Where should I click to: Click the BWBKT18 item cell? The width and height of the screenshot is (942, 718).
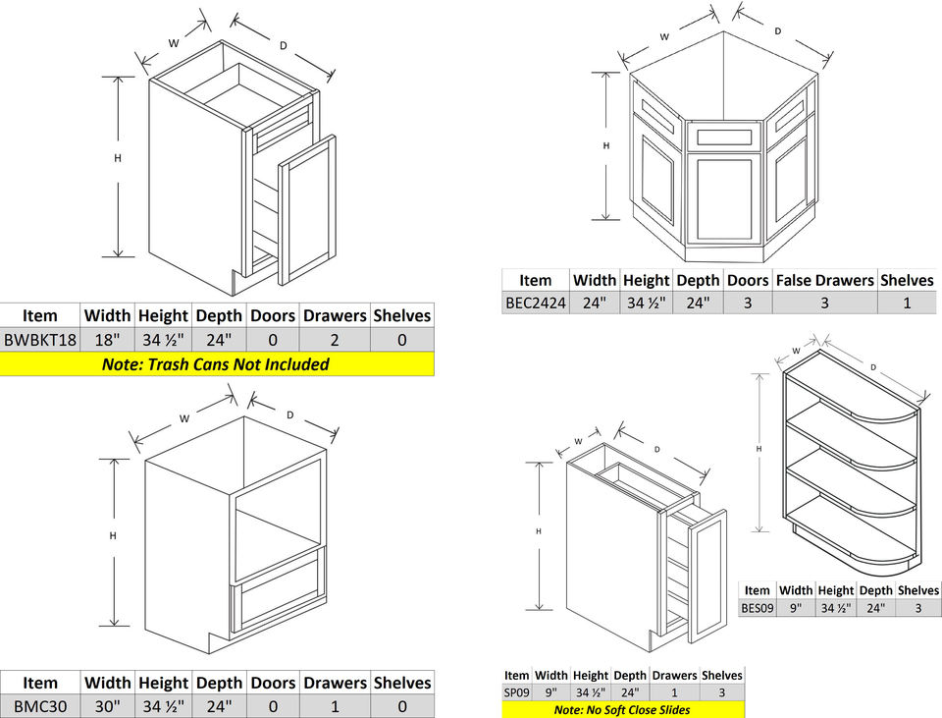pyautogui.click(x=39, y=340)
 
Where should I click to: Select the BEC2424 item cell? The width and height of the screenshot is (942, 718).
pyautogui.click(x=535, y=304)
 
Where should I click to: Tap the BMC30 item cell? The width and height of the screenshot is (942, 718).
pyautogui.click(x=39, y=706)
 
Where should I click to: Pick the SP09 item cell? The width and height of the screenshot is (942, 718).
pyautogui.click(x=516, y=692)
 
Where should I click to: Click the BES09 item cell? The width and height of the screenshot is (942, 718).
pyautogui.click(x=757, y=608)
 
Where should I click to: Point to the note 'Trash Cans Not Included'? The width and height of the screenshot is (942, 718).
pyautogui.click(x=216, y=364)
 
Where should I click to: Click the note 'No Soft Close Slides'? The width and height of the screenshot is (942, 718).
pyautogui.click(x=622, y=710)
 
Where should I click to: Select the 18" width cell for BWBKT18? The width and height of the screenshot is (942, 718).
pyautogui.click(x=107, y=340)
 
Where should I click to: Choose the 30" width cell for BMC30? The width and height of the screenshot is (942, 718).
pyautogui.click(x=107, y=706)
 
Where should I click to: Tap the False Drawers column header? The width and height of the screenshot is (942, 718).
pyautogui.click(x=824, y=280)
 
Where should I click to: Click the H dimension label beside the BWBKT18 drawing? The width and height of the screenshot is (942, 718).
pyautogui.click(x=118, y=158)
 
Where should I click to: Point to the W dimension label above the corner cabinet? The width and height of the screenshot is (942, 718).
pyautogui.click(x=664, y=36)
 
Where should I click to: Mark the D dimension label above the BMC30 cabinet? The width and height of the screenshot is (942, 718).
pyautogui.click(x=290, y=415)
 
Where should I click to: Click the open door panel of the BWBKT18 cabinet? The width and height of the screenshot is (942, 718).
pyautogui.click(x=307, y=210)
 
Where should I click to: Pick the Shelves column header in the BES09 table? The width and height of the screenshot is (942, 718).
pyautogui.click(x=918, y=590)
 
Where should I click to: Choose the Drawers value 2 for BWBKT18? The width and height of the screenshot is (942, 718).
pyautogui.click(x=335, y=340)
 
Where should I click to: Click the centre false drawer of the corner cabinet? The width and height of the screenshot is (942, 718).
pyautogui.click(x=724, y=137)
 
